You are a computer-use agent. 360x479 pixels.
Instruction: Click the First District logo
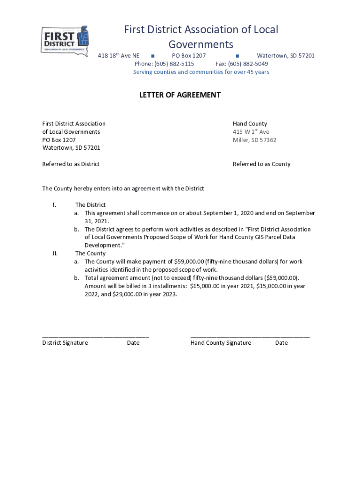65,41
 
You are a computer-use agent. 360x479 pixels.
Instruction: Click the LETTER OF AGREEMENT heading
180,95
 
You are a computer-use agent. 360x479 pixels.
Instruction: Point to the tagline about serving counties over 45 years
201,72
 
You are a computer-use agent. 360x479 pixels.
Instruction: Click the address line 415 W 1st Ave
251,132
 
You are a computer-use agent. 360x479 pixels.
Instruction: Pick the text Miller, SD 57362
254,140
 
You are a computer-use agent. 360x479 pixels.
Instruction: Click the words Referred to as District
71,164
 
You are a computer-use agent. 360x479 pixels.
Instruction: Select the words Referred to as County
261,164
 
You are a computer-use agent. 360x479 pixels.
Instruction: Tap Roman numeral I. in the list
55,205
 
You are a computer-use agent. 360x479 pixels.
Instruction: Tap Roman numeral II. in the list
55,254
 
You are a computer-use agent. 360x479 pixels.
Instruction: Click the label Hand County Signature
221,343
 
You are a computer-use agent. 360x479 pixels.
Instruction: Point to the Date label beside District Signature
133,343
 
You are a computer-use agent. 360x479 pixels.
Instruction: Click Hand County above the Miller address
250,124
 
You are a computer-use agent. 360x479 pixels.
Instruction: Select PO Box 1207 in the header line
186,56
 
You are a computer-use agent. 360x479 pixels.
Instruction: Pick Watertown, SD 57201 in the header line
286,56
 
